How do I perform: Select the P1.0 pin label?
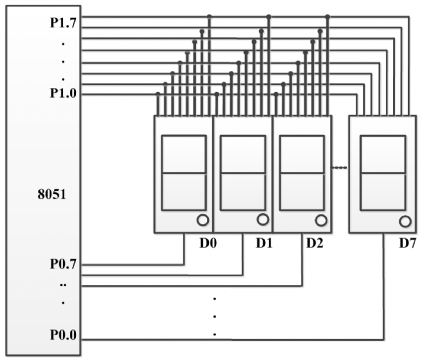(63, 94)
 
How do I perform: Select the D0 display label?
(208, 243)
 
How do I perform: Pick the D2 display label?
(314, 243)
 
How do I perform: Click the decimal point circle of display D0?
(203, 220)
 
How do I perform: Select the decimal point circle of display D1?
(262, 220)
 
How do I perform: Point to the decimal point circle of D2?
(321, 220)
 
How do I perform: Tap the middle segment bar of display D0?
(184, 173)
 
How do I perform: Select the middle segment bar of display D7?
(383, 174)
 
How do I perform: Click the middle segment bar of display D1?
(243, 173)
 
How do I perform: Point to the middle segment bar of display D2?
(302, 173)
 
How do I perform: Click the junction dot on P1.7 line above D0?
(209, 17)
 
